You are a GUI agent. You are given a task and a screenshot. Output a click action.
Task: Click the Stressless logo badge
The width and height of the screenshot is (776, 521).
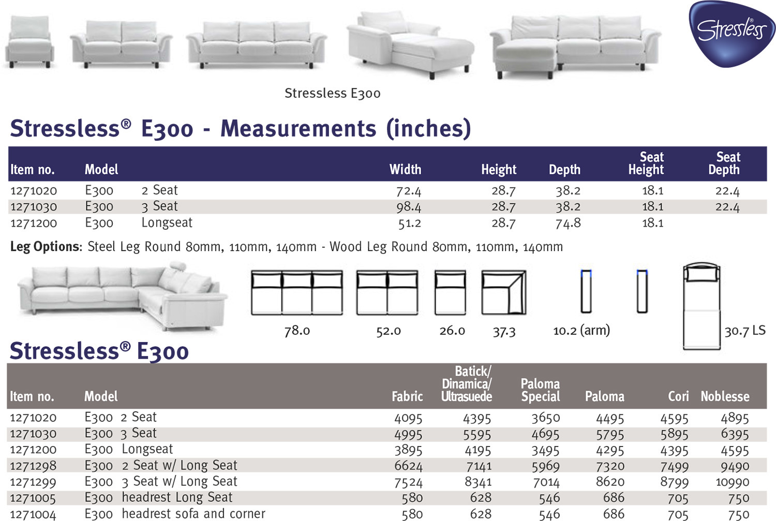tap(731, 34)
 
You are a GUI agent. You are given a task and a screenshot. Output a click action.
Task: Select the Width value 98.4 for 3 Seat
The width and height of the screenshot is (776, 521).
tap(409, 207)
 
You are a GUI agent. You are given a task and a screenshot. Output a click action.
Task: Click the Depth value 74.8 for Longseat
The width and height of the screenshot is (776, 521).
tap(568, 223)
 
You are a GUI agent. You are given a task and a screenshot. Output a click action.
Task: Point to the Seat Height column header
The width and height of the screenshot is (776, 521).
tap(646, 163)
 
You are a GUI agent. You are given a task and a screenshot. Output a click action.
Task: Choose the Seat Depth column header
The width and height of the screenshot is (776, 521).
tap(724, 163)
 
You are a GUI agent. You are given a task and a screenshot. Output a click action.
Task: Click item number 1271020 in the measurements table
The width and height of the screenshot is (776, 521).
tap(34, 190)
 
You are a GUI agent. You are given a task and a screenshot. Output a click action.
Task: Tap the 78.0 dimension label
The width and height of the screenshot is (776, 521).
tap(297, 331)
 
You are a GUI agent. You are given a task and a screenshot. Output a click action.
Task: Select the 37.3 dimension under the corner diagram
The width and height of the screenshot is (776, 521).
tap(504, 332)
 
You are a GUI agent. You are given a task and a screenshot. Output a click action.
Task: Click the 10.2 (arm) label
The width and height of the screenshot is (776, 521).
tap(581, 331)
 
